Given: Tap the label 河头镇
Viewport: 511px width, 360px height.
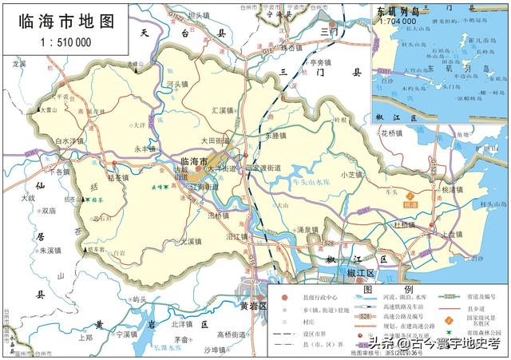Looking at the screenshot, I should [178, 83].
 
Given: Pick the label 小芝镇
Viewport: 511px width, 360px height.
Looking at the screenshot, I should [351, 175].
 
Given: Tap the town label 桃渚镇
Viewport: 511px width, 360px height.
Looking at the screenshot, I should [452, 191].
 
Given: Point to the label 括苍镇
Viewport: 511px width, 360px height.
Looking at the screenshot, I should [117, 178].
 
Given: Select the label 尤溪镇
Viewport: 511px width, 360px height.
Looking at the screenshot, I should [190, 240].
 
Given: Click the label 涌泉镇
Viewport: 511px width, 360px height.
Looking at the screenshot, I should [307, 230].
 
